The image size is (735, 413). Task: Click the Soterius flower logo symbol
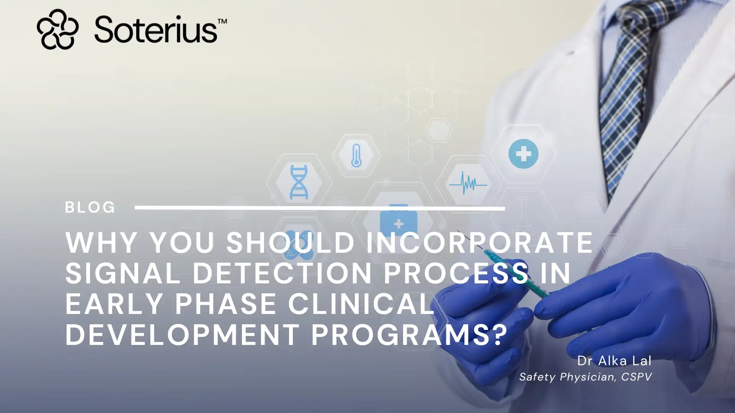point(57,29)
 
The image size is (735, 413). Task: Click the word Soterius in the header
point(155,29)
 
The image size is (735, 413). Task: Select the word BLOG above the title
point(90,207)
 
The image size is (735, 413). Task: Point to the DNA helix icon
point(299,182)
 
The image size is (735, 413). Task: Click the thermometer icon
point(356,155)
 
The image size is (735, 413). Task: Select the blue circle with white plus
point(523,154)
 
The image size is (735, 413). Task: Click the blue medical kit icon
point(399,222)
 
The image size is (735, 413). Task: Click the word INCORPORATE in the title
point(480,242)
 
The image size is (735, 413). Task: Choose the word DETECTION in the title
point(282,273)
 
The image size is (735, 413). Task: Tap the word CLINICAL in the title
point(361,304)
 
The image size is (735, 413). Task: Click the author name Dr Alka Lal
point(614,361)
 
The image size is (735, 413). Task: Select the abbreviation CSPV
point(636,377)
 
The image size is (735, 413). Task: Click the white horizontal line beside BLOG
point(320,208)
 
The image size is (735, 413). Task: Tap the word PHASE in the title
point(225,304)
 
